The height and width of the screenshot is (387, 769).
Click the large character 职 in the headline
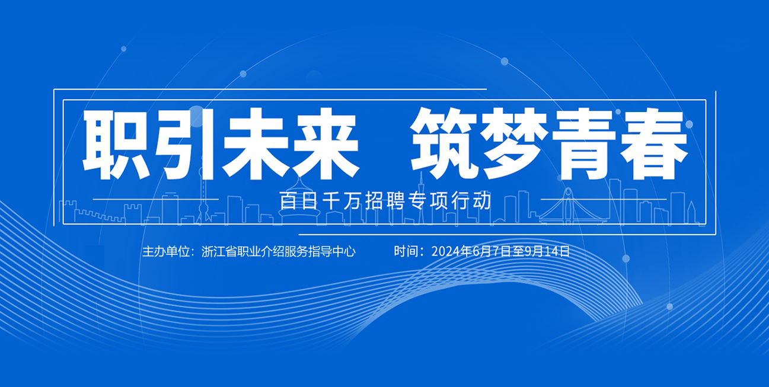[x=117, y=144]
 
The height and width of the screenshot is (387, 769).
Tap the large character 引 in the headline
[x=186, y=144]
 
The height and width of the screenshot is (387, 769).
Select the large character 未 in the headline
[x=256, y=144]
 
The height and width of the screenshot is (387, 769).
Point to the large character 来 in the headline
[x=325, y=144]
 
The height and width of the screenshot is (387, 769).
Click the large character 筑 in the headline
[x=445, y=143]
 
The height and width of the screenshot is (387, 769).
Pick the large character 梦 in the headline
[x=514, y=143]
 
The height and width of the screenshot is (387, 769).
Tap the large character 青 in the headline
[x=583, y=144]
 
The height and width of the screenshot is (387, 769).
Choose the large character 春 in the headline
[x=653, y=144]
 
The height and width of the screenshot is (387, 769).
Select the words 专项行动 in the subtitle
[x=451, y=201]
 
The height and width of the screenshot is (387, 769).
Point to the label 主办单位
[x=166, y=251]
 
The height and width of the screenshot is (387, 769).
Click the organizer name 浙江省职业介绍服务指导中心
[x=279, y=251]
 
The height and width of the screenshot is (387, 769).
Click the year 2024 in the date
[x=446, y=251]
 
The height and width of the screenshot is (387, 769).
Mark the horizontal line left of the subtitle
[x=155, y=199]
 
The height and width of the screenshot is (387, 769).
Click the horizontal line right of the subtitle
[x=604, y=199]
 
